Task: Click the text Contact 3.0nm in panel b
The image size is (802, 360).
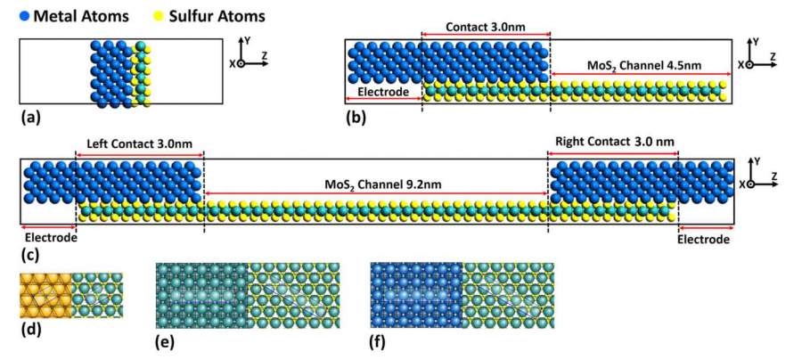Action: click(485, 26)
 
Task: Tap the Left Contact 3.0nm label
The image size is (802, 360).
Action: click(140, 143)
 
